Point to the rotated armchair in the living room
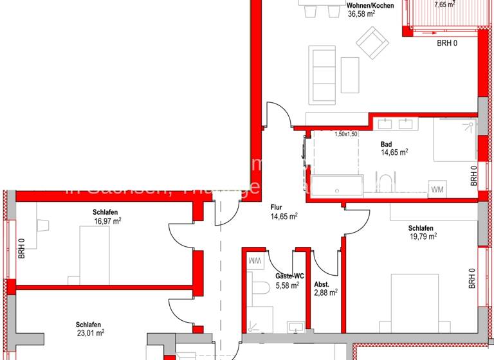coord(373,43)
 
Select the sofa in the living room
coord(322,75)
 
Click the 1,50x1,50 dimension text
coord(345,134)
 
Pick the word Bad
coord(386,145)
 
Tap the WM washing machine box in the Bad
coord(437,189)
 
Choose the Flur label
coord(277,208)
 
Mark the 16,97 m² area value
coord(107,221)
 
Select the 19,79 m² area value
coord(423,237)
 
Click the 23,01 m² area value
coord(89,333)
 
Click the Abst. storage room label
coord(322,285)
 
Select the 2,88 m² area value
coord(325,293)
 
